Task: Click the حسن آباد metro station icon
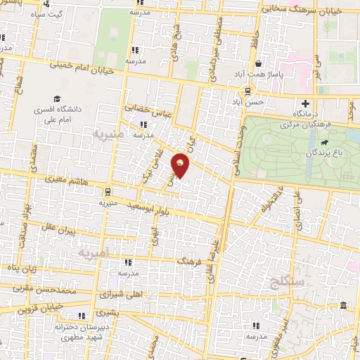coord(246,91)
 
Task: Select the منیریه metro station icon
coord(107,191)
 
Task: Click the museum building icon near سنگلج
coord(342,306)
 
